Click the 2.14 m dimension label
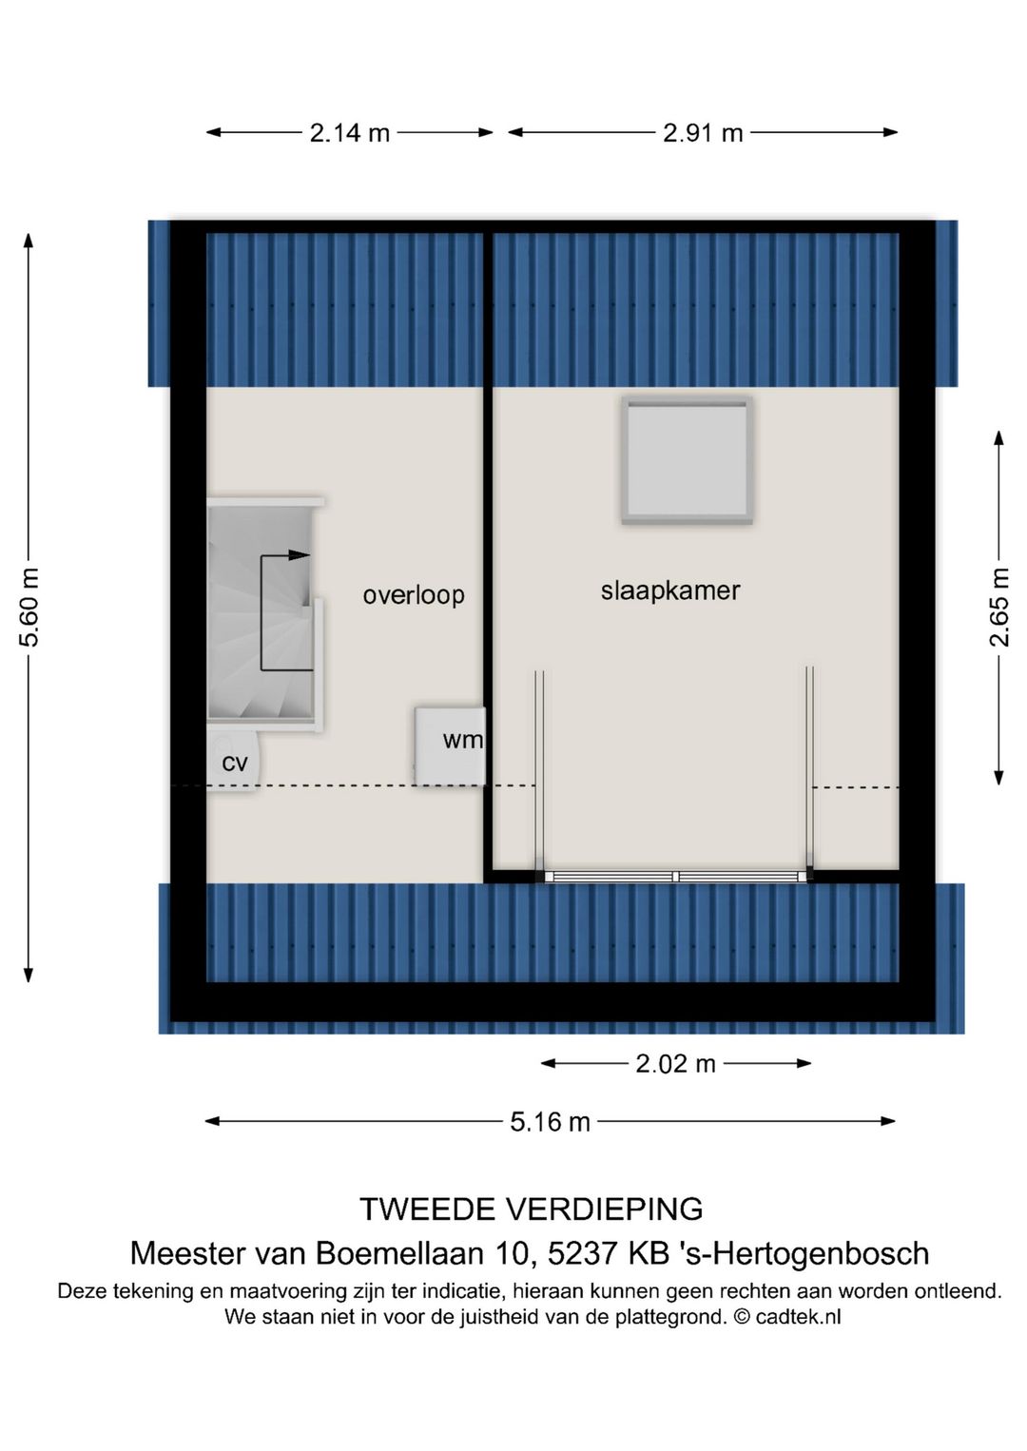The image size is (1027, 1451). [349, 133]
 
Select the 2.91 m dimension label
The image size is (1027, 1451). [703, 133]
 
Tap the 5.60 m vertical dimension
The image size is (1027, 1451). [29, 608]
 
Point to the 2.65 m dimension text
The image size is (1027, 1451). [999, 608]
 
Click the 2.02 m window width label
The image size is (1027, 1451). [675, 1064]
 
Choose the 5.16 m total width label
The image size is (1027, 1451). [550, 1122]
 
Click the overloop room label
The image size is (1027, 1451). [414, 595]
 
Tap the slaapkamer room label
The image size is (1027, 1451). [670, 590]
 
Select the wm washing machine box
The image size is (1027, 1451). [451, 745]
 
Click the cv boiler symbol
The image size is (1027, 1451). [233, 762]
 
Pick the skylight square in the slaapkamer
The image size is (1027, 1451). [688, 460]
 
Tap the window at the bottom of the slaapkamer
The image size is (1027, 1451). [675, 876]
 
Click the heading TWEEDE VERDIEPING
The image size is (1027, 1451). [531, 1209]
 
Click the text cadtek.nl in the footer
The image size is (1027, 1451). [798, 1317]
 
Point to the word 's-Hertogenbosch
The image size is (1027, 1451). [804, 1253]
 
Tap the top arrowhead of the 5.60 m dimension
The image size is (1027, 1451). [29, 240]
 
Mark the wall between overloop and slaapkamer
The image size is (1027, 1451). [488, 551]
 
